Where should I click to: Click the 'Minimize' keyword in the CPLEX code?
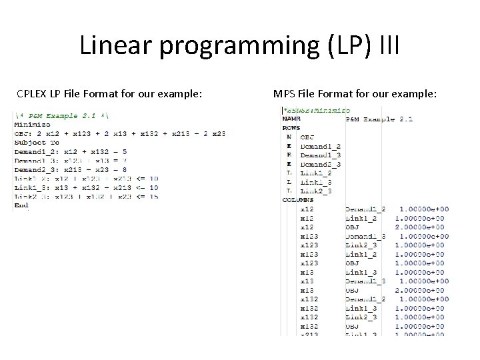point(32,125)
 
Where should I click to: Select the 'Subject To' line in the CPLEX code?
point(37,143)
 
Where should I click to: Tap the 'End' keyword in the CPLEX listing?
point(21,206)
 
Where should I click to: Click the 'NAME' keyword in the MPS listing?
point(291,119)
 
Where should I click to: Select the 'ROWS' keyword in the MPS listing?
point(291,128)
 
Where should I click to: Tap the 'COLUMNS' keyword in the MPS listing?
point(298,200)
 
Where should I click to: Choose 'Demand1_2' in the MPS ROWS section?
point(320,146)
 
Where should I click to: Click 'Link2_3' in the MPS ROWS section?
point(315,191)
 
